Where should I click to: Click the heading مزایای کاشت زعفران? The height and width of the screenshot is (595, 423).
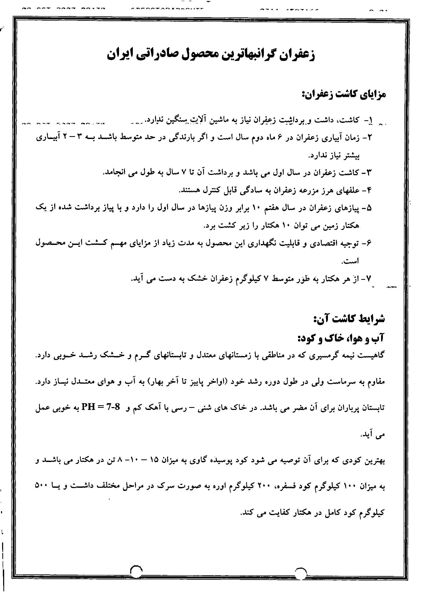(343, 94)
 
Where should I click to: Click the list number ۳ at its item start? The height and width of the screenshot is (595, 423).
(370, 172)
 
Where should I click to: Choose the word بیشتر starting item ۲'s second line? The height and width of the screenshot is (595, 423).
(350, 155)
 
